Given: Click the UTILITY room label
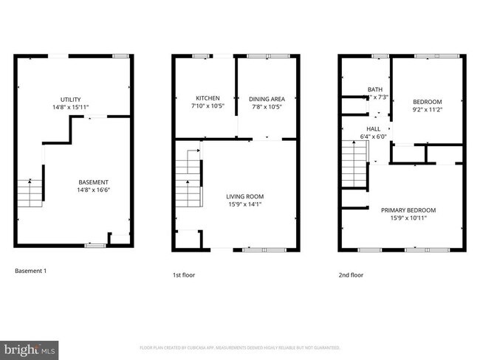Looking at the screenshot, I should (71, 100).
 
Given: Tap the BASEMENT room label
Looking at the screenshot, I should (94, 182).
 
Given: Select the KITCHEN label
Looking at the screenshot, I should (208, 98).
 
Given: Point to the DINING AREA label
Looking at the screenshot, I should (267, 98).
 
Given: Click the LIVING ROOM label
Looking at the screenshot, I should (244, 196).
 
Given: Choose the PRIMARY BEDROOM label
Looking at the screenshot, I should (408, 210).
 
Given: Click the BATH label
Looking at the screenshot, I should (375, 90).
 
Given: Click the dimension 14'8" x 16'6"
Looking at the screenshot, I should (94, 190).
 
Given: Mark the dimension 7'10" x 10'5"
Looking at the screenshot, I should (208, 105).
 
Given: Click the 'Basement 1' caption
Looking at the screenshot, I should (31, 271).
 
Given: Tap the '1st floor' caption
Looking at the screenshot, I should (183, 274).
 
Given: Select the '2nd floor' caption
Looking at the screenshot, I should (351, 274).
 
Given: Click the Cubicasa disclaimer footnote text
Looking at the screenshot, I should (239, 347).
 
